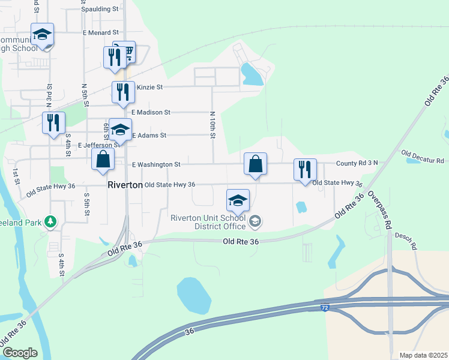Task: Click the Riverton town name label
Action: tap(125, 185)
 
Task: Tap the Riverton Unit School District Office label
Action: tap(208, 222)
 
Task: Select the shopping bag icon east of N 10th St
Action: tap(256, 163)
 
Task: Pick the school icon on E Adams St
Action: tap(120, 130)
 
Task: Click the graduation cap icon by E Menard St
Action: tap(42, 34)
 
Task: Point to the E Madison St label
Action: tap(151, 112)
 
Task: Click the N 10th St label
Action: tap(212, 125)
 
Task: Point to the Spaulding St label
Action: tap(99, 9)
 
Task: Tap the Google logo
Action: tap(20, 353)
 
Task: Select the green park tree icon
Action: tap(51, 222)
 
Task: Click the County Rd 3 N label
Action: tap(357, 163)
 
